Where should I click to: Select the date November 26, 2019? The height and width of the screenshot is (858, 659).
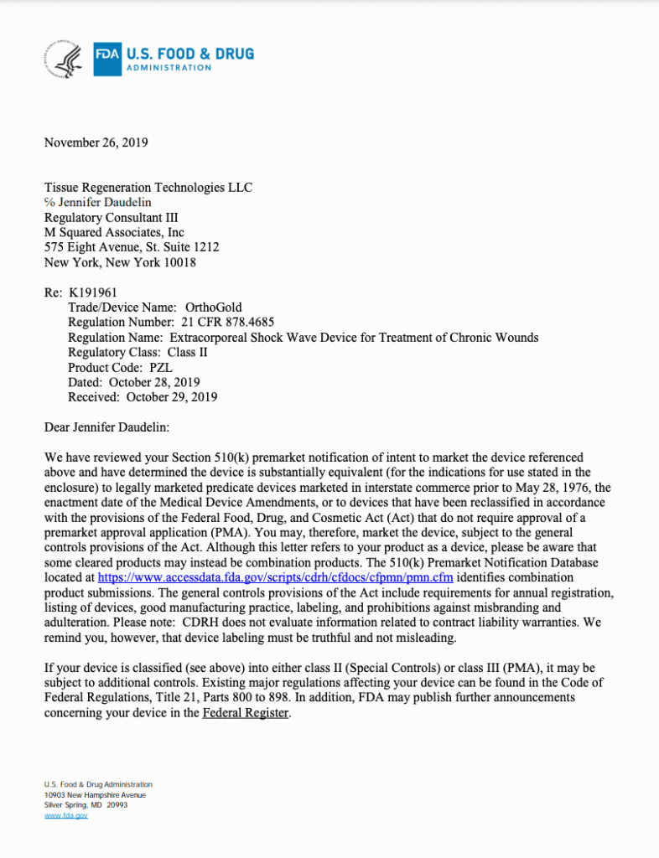click(x=96, y=142)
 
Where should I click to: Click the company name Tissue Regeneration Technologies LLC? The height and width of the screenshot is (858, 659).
click(x=148, y=188)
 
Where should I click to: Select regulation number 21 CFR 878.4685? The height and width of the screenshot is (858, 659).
click(x=227, y=323)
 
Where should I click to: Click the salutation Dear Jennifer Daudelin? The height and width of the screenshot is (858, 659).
click(x=106, y=427)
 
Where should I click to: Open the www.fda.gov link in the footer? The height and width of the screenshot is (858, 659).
click(x=65, y=815)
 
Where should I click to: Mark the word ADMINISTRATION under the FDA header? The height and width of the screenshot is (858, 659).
click(x=169, y=68)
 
